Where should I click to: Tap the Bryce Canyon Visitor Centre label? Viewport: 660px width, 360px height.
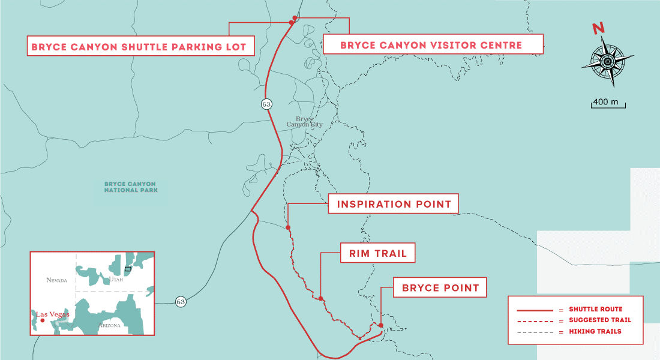coord(431,44)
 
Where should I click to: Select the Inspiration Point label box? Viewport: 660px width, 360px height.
coord(394,204)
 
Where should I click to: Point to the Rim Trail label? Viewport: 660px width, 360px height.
coord(378,254)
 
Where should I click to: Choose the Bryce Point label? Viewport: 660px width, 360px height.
coord(440,288)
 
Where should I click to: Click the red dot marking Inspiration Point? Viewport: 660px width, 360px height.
coord(288,227)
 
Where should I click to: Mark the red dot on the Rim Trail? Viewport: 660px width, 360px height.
coord(321,298)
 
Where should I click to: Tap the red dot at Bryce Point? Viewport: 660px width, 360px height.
coord(380,326)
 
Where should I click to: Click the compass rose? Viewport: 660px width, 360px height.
coord(608,61)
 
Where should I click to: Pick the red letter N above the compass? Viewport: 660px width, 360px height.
coord(598,28)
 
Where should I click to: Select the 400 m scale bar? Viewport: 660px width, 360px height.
coord(608,104)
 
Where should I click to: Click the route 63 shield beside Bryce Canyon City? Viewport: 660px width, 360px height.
coord(266,104)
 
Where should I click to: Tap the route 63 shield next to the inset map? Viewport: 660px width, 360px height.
coord(181,302)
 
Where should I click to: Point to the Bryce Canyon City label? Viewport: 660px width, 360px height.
coord(304,121)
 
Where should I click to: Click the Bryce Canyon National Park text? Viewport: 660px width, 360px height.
coord(130,187)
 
